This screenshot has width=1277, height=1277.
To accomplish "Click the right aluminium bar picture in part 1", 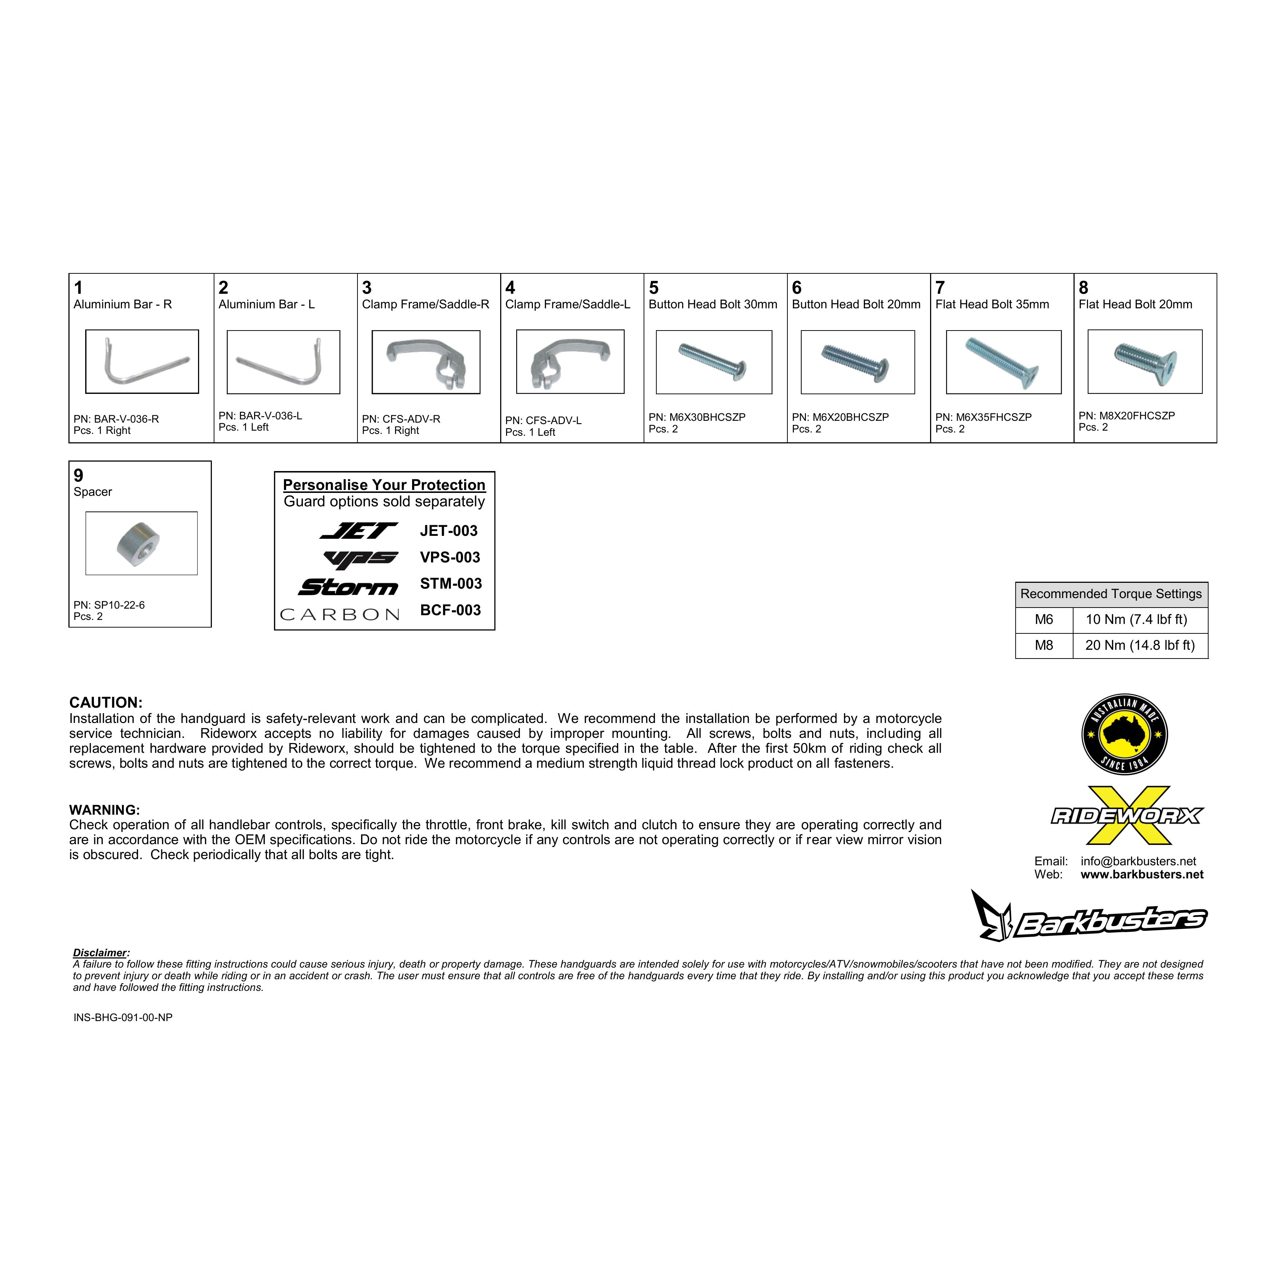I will [x=142, y=361].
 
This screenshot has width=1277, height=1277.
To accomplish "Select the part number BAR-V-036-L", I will [x=260, y=416].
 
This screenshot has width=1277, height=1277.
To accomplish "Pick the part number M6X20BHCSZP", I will [x=840, y=417].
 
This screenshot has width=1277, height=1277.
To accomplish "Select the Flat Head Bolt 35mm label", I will [x=992, y=304].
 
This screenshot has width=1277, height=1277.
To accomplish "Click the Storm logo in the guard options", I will [x=348, y=586].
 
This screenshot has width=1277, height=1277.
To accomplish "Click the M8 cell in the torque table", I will [x=1044, y=645].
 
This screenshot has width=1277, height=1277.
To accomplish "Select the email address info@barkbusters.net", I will [x=1138, y=861].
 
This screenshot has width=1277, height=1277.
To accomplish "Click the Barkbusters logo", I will [x=1089, y=916].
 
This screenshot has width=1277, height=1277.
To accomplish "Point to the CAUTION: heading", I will [x=106, y=703].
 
